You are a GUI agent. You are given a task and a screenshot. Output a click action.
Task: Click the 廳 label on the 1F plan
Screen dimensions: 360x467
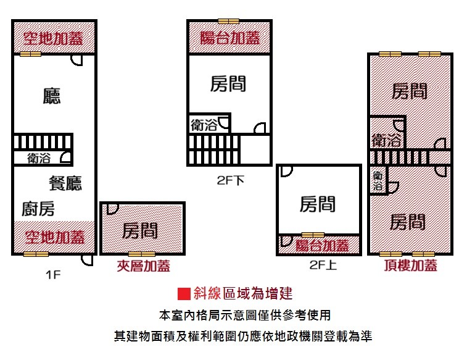[x=52, y=96]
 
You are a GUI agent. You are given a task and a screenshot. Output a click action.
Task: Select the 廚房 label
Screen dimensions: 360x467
[x=38, y=209]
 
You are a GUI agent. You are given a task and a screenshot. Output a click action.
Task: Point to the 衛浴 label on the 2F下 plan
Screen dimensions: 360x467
[x=204, y=125]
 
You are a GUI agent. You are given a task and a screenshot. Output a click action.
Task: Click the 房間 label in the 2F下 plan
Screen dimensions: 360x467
[x=228, y=84]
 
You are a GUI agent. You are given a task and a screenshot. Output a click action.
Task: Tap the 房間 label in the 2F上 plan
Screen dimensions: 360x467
[x=318, y=204]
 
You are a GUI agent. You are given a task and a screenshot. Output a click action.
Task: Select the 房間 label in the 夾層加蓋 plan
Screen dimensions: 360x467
[x=140, y=230]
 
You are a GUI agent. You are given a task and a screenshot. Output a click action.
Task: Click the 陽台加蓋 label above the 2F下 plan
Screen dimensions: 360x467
[x=229, y=38]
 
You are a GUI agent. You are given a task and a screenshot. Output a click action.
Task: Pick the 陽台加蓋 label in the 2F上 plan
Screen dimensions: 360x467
[x=319, y=246]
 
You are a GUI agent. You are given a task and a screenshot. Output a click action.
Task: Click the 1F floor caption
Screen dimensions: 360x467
[x=53, y=275]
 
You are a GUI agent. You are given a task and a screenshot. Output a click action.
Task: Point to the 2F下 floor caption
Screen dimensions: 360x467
[x=230, y=182]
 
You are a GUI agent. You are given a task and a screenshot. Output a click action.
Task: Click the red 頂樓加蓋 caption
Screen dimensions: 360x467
[x=411, y=266]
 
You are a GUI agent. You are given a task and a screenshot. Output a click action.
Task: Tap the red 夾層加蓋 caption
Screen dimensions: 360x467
[x=144, y=266]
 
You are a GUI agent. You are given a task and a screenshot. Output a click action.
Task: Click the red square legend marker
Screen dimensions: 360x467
[x=182, y=293]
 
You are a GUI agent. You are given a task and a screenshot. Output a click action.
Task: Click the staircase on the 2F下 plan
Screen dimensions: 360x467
[x=213, y=150]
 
